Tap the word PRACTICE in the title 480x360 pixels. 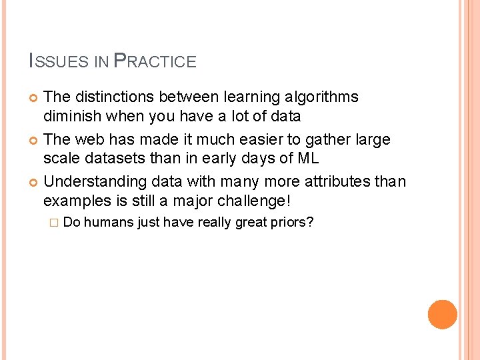pos(155,62)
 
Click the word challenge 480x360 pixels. pos(257,201)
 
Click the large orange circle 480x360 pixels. pos(443,315)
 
